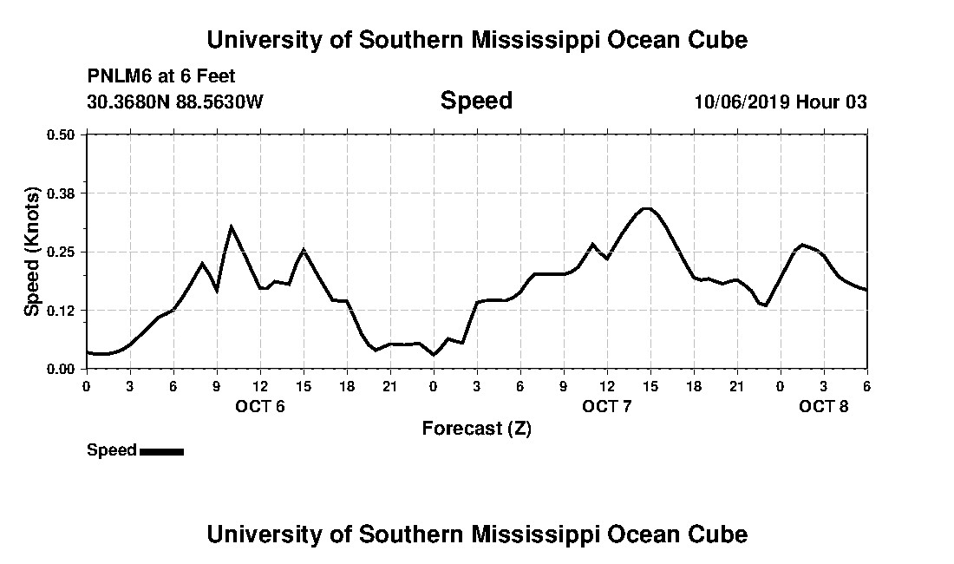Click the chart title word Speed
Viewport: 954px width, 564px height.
pos(476,101)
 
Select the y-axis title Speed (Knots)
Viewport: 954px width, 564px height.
pos(32,251)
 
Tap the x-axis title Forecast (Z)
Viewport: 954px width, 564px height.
pos(476,429)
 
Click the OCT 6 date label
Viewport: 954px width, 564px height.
pos(260,407)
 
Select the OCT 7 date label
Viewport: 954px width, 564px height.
pos(607,407)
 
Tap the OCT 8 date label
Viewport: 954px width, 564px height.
pos(824,407)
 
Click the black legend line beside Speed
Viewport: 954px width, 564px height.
pos(161,451)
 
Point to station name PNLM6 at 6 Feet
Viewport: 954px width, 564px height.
pos(161,77)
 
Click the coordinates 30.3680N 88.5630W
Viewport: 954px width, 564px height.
pos(175,102)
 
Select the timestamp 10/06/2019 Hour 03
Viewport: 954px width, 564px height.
pos(780,102)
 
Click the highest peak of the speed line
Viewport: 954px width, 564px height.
pos(646,208)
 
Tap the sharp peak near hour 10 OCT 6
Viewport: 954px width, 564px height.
pos(231,226)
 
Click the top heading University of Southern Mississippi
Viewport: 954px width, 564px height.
pos(476,40)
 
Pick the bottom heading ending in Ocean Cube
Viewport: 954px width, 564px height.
pos(476,534)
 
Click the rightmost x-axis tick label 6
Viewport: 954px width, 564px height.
pos(866,386)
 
